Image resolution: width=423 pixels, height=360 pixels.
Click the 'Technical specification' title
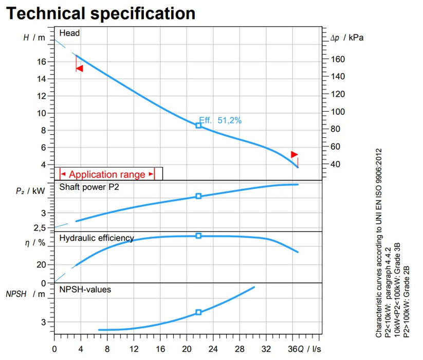(x=101, y=13)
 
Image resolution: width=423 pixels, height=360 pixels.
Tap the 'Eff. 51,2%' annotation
(x=220, y=120)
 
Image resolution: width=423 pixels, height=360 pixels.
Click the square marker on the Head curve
(x=198, y=125)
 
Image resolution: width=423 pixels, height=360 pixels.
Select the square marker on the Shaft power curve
(x=198, y=196)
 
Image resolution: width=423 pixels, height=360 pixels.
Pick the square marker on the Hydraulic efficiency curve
(x=198, y=236)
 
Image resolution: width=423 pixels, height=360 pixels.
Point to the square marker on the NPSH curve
(x=198, y=312)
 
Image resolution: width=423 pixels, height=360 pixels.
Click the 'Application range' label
(x=107, y=174)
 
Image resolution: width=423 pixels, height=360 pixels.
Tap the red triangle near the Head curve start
(x=79, y=68)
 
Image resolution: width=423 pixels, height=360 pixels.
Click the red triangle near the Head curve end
(x=294, y=154)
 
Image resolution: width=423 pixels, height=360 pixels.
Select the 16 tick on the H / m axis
(x=42, y=62)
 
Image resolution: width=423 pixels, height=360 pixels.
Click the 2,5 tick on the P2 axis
(x=40, y=228)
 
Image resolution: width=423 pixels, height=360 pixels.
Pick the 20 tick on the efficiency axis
(x=42, y=264)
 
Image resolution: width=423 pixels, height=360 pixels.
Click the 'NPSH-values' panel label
(x=85, y=290)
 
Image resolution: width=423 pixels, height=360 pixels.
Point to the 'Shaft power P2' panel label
(x=89, y=187)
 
